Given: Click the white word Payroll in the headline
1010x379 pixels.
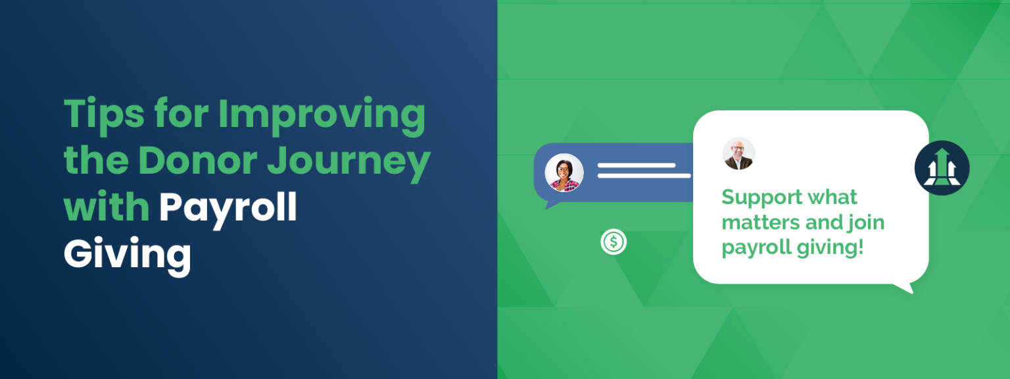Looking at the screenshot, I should (228, 208).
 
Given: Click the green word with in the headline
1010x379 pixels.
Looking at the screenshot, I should (107, 207).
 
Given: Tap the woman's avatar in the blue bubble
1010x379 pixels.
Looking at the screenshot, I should (564, 173).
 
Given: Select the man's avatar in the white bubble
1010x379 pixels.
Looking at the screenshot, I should (738, 153).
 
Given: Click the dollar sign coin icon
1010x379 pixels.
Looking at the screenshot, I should (613, 242).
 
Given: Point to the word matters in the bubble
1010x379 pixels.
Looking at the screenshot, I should (761, 222).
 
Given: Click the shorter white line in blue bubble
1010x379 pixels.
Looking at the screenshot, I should (636, 165).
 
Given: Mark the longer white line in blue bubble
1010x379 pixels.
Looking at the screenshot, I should (644, 176).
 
